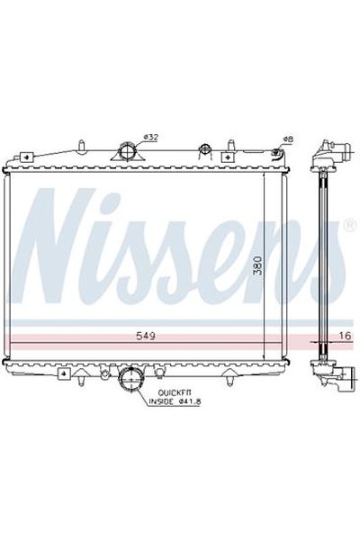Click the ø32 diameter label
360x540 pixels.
tap(151, 137)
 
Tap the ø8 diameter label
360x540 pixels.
tap(288, 139)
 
